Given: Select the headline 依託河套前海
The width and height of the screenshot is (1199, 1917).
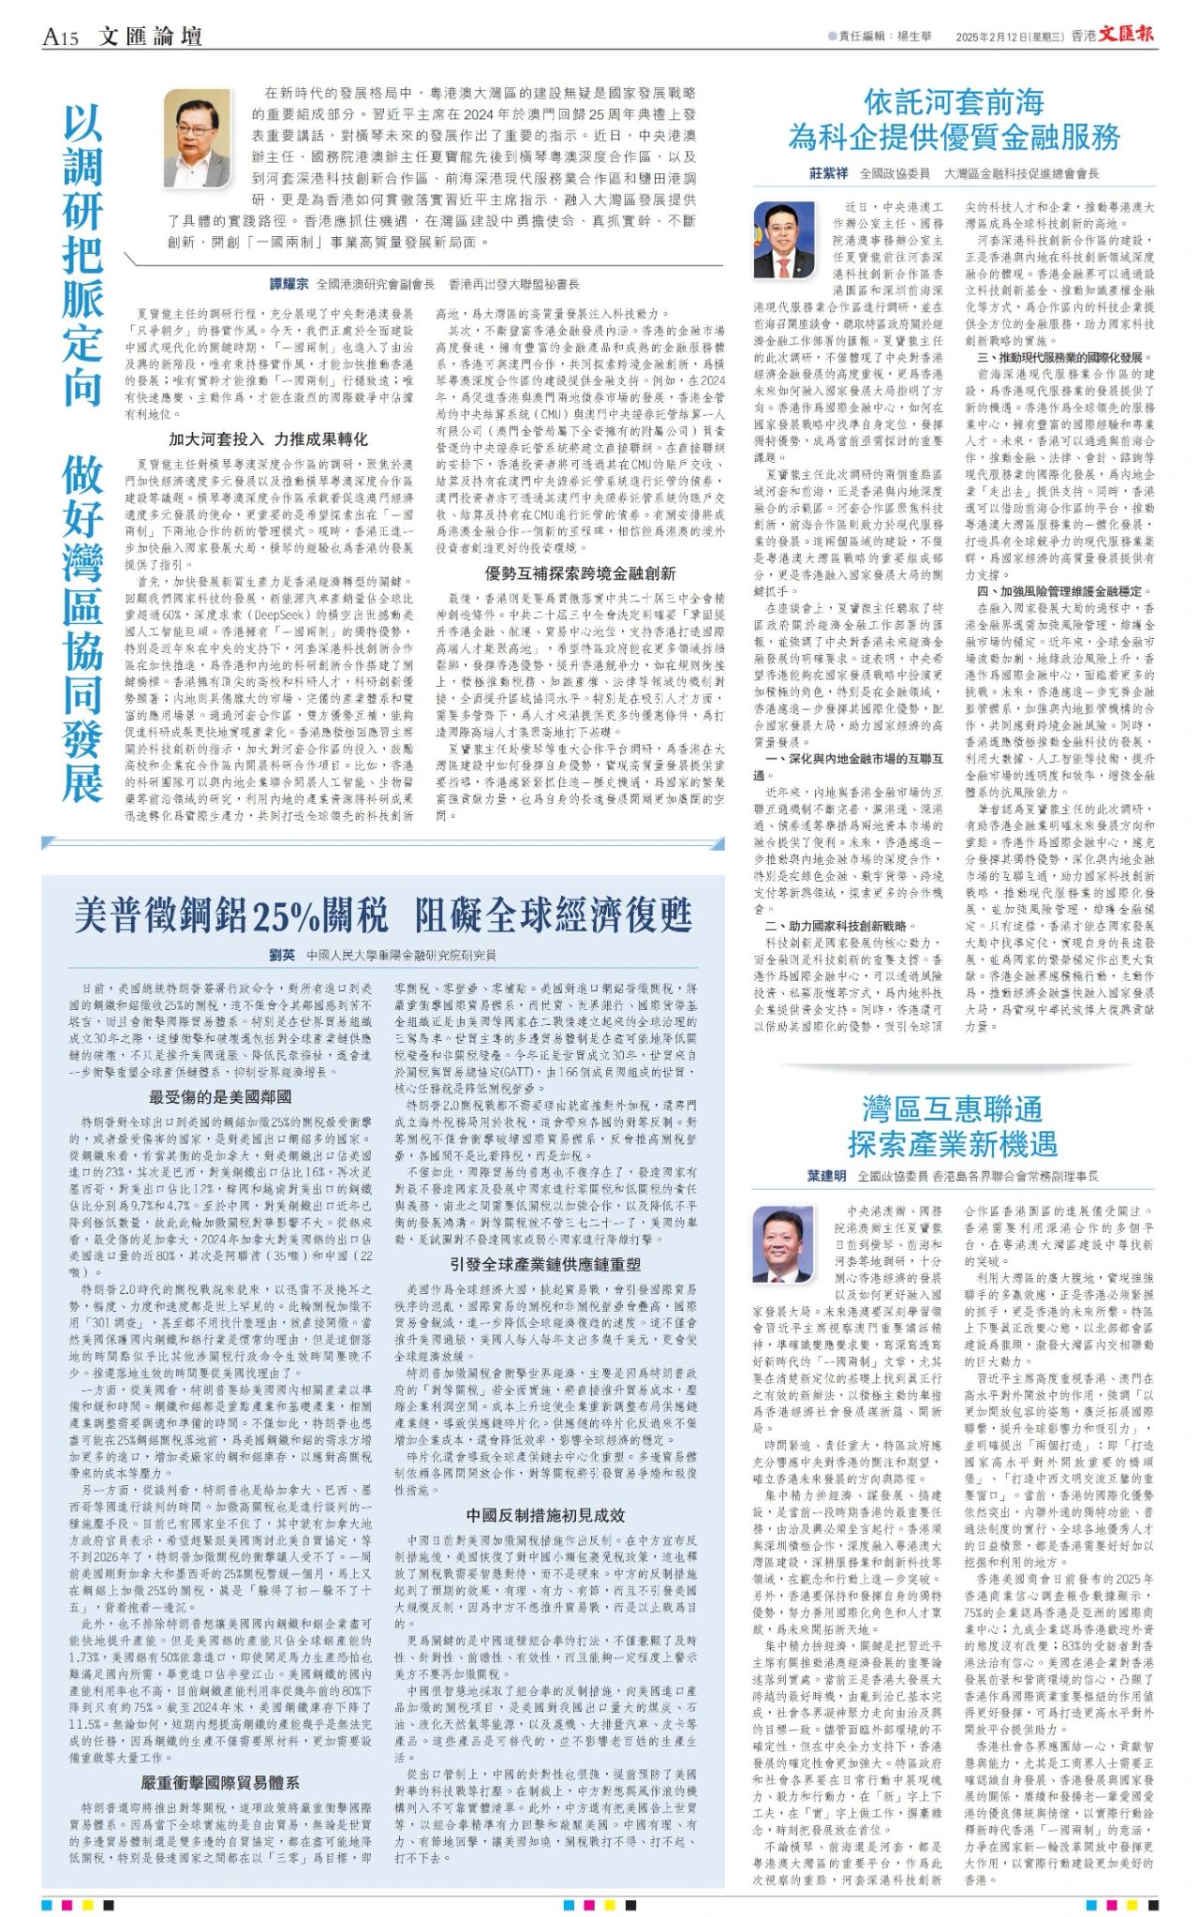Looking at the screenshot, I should (x=954, y=102).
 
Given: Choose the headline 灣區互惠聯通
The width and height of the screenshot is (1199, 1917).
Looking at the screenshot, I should (x=953, y=1110).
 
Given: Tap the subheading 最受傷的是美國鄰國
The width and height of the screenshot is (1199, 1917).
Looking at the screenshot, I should (x=220, y=1096).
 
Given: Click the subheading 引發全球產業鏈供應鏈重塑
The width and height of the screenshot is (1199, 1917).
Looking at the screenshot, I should (x=546, y=1264).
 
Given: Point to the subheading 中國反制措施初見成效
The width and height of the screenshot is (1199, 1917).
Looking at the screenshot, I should (x=545, y=1516).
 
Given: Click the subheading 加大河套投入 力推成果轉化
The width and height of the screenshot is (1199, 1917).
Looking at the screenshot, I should (x=268, y=439).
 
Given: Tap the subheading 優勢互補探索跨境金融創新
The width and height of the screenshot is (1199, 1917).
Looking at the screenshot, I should (x=580, y=573).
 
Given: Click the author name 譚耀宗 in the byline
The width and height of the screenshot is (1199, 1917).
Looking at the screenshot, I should (x=289, y=284).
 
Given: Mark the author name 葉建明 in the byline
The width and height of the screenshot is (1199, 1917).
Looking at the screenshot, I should (x=826, y=1175).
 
